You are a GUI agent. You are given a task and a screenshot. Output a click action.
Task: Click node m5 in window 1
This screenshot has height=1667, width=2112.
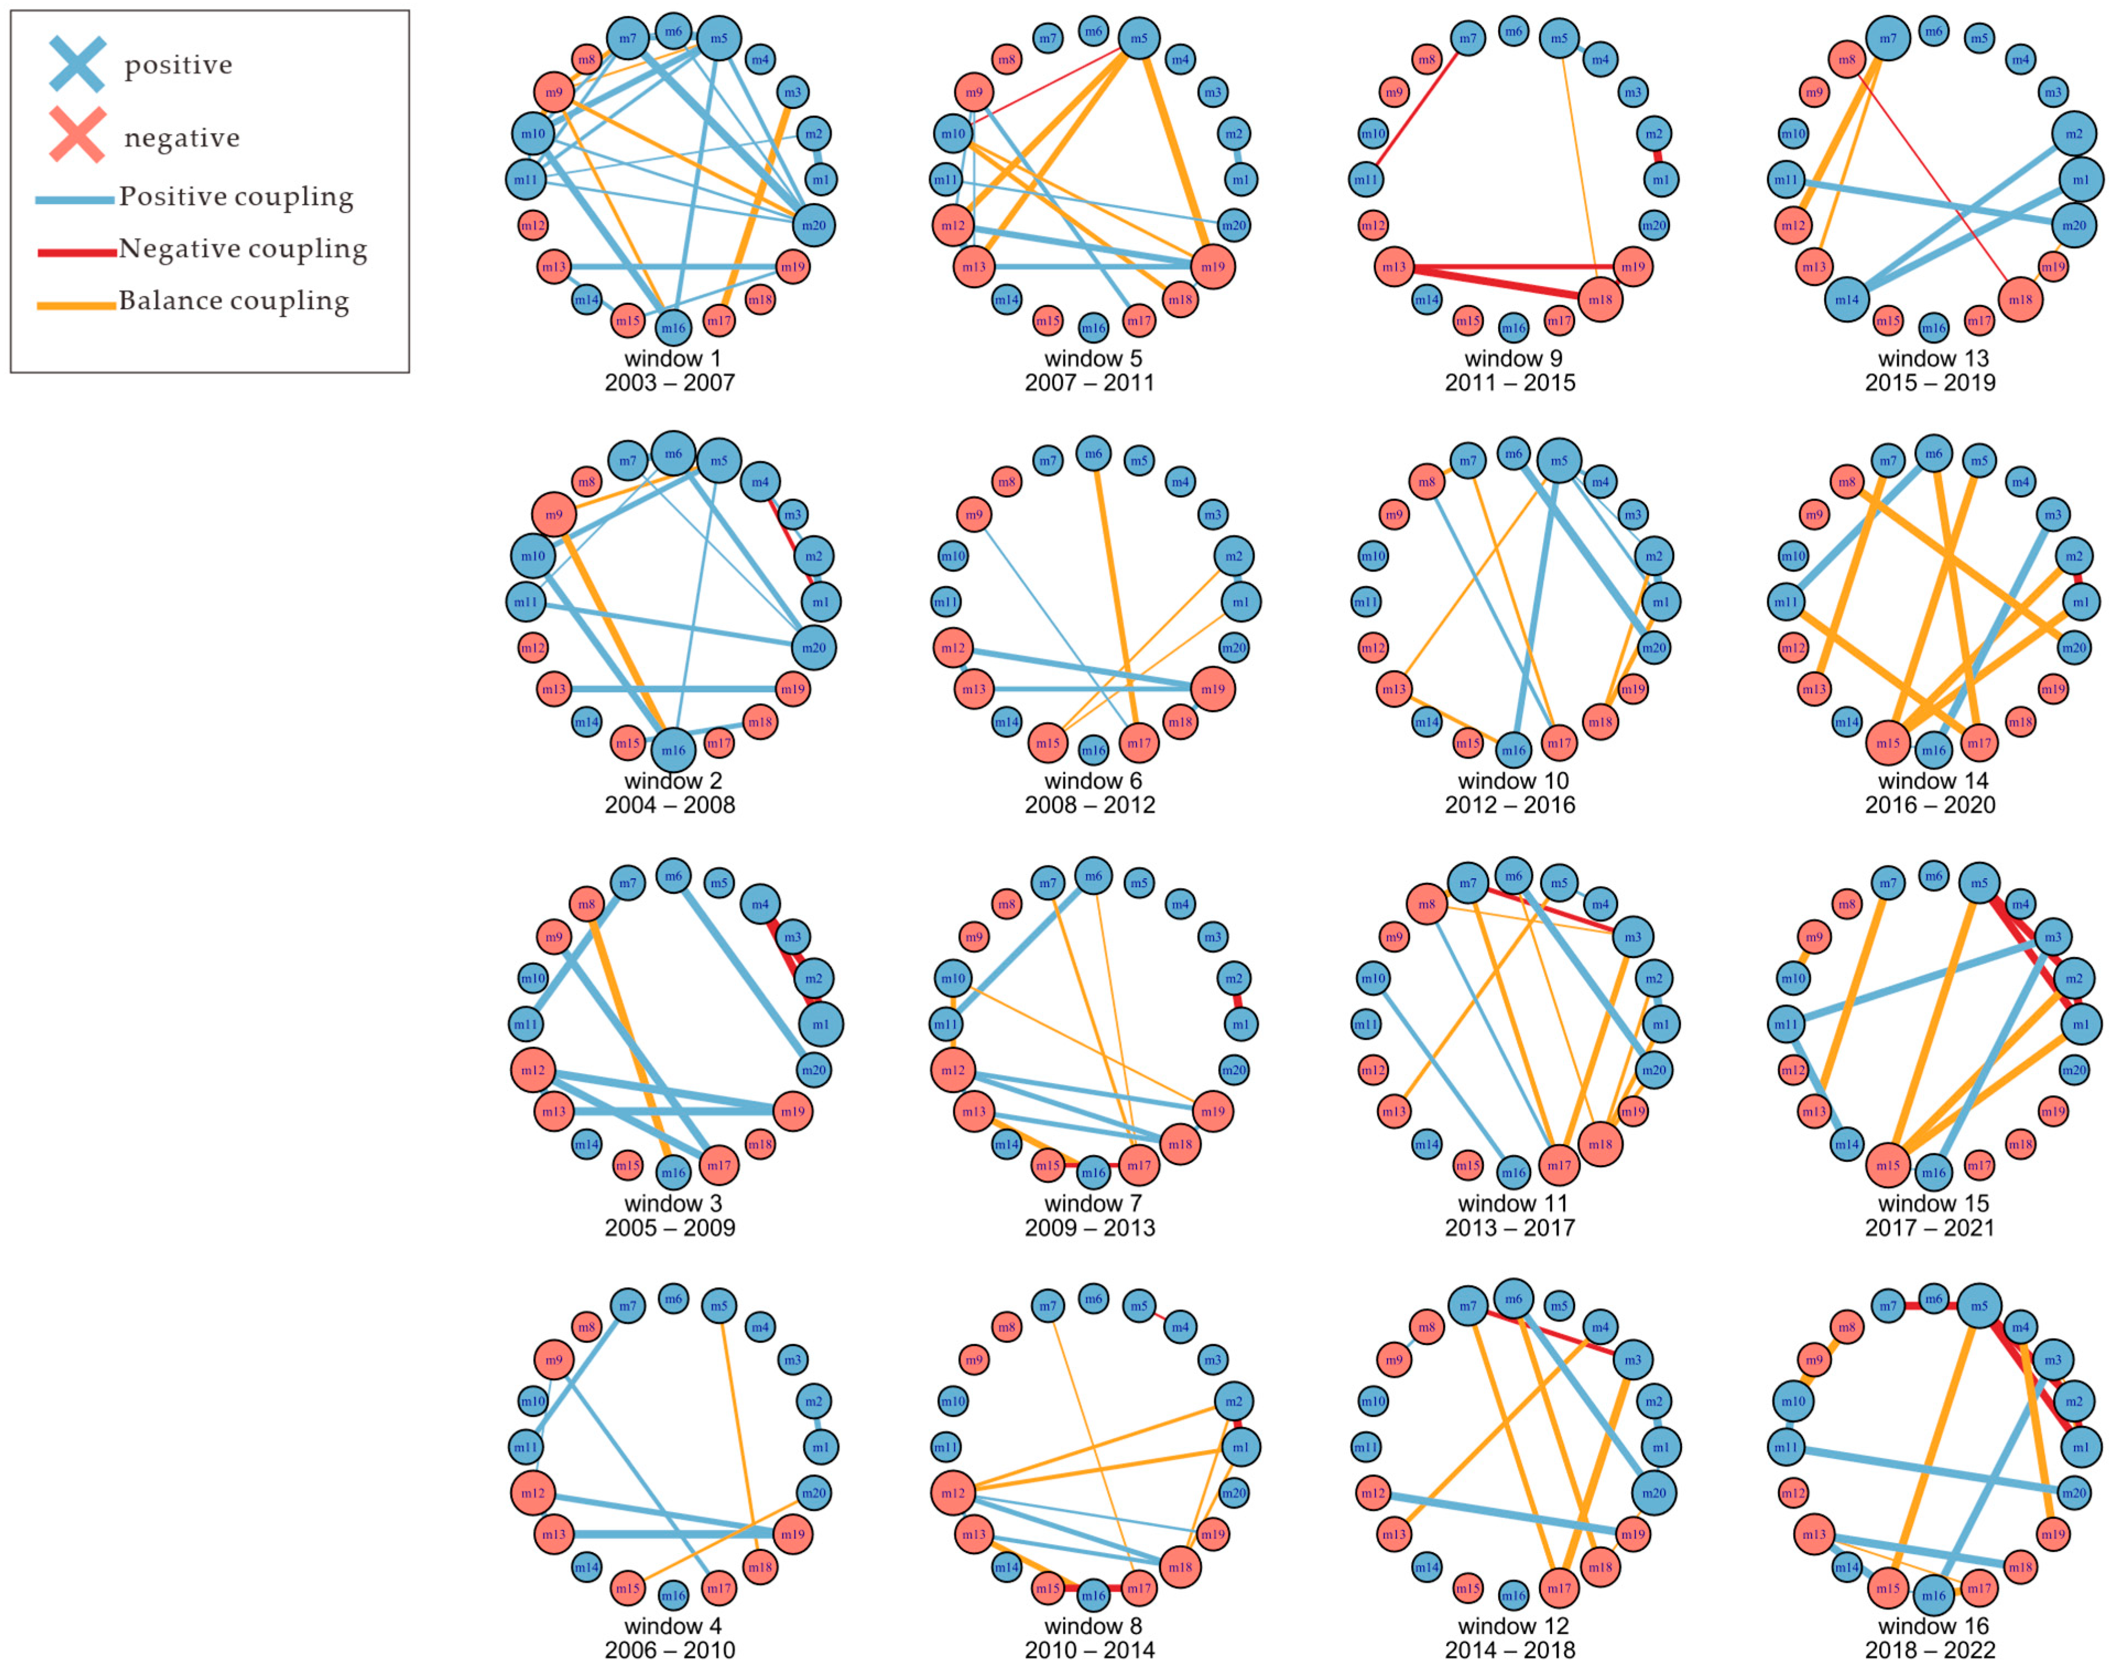pos(718,38)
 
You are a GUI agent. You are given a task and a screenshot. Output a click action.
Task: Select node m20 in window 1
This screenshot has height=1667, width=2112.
pos(813,226)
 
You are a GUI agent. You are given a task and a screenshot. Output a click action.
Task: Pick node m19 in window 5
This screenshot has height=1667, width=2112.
pos(1213,266)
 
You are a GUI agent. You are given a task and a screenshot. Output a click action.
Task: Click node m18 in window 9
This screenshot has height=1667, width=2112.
pos(1599,299)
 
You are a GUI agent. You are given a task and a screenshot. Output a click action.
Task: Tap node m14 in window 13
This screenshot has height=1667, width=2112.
pos(1847,299)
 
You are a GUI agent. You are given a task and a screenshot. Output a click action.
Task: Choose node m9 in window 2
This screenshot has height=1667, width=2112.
pos(554,515)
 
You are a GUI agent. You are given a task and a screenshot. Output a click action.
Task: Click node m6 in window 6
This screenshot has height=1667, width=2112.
pos(1093,453)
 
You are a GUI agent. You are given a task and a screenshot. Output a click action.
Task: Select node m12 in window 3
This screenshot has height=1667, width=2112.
pos(533,1070)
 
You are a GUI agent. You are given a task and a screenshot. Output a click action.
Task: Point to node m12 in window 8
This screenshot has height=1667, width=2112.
pos(953,1493)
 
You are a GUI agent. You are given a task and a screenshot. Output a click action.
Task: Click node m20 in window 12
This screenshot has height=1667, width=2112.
pos(1653,1493)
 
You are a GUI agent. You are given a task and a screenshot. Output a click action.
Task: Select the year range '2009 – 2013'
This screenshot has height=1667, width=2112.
pos(1090,1228)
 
